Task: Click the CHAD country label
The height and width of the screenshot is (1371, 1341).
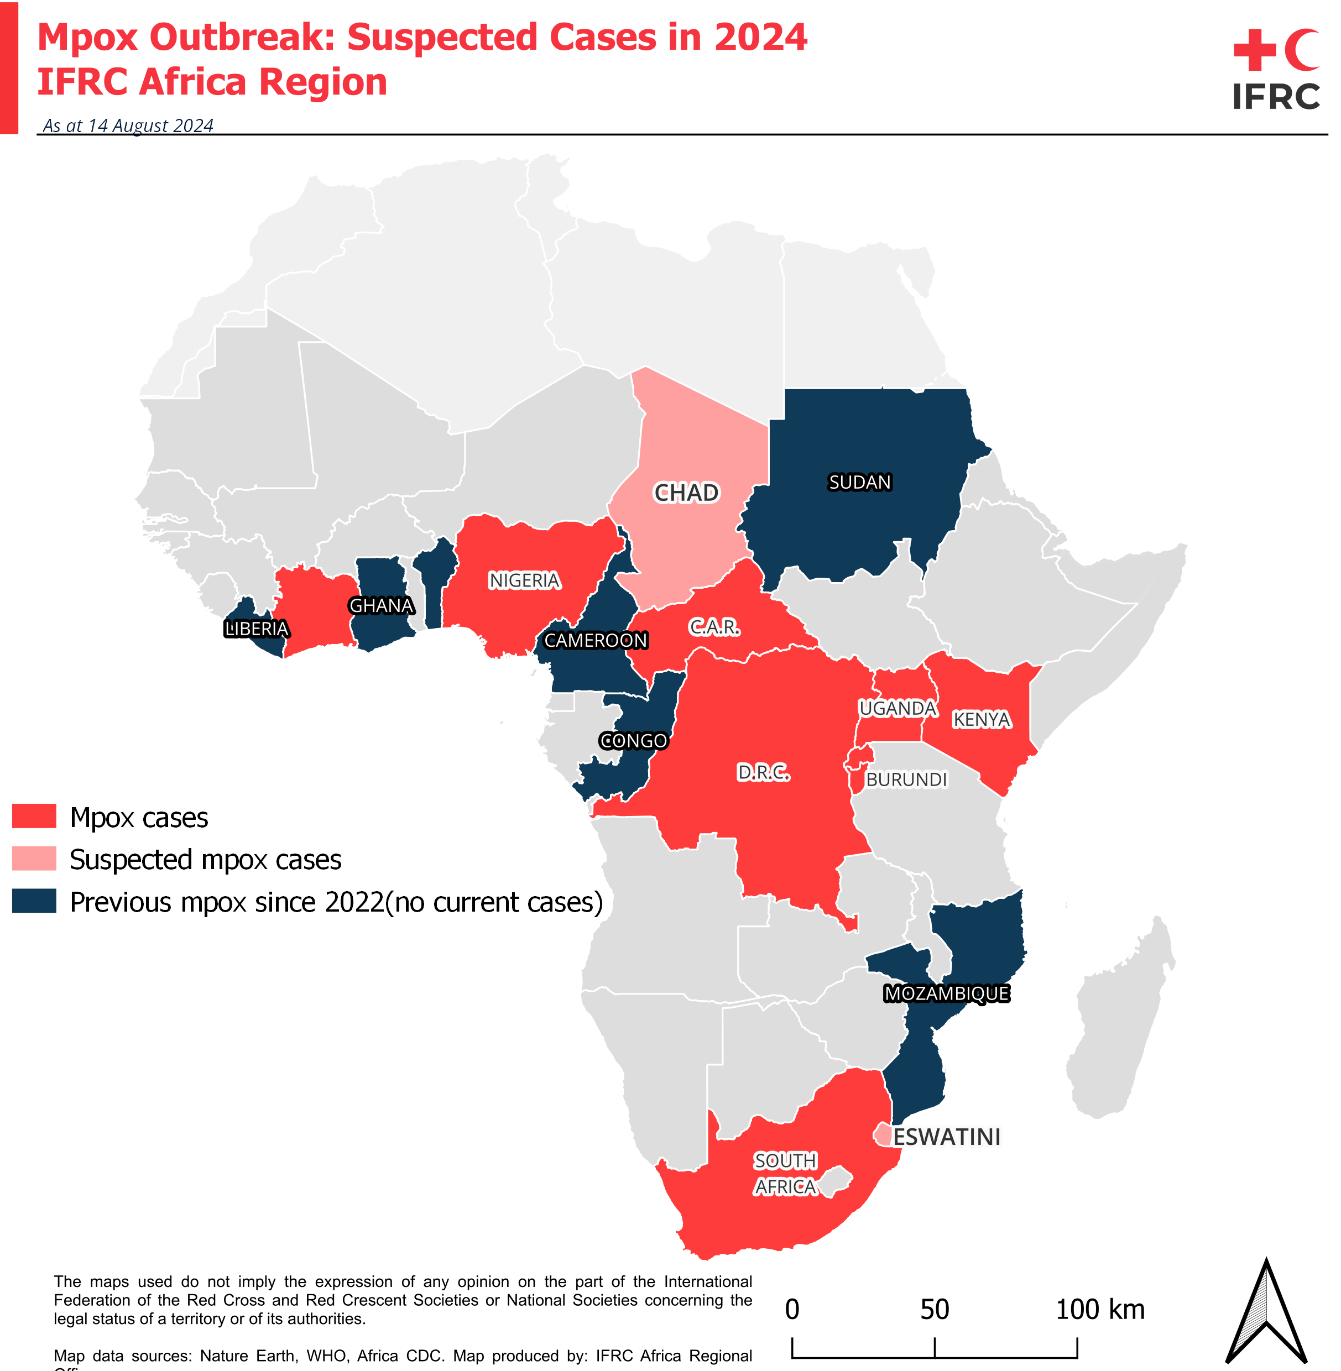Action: coord(686,493)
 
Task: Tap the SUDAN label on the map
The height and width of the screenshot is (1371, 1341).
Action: coord(859,483)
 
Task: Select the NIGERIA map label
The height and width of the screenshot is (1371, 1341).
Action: coord(525,580)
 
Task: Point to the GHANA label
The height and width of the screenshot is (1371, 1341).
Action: coord(381,605)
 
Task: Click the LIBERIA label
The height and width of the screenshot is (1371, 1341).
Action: coord(257,629)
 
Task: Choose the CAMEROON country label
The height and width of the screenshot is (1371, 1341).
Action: coord(595,640)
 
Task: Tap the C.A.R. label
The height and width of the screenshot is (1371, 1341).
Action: coord(713,627)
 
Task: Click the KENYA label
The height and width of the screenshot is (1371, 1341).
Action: coord(981,720)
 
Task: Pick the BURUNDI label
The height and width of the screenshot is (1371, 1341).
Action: coord(906,779)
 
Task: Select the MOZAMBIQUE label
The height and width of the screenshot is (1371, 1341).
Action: coord(947,993)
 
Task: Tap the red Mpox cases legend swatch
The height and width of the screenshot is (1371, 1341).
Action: coord(34,816)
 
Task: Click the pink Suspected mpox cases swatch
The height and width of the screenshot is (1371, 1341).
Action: coord(34,859)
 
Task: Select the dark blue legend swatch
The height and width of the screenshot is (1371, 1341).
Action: coord(34,901)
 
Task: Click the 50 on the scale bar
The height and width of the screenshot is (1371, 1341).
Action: coord(934,1310)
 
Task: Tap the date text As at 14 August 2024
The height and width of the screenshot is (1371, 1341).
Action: coord(128,125)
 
